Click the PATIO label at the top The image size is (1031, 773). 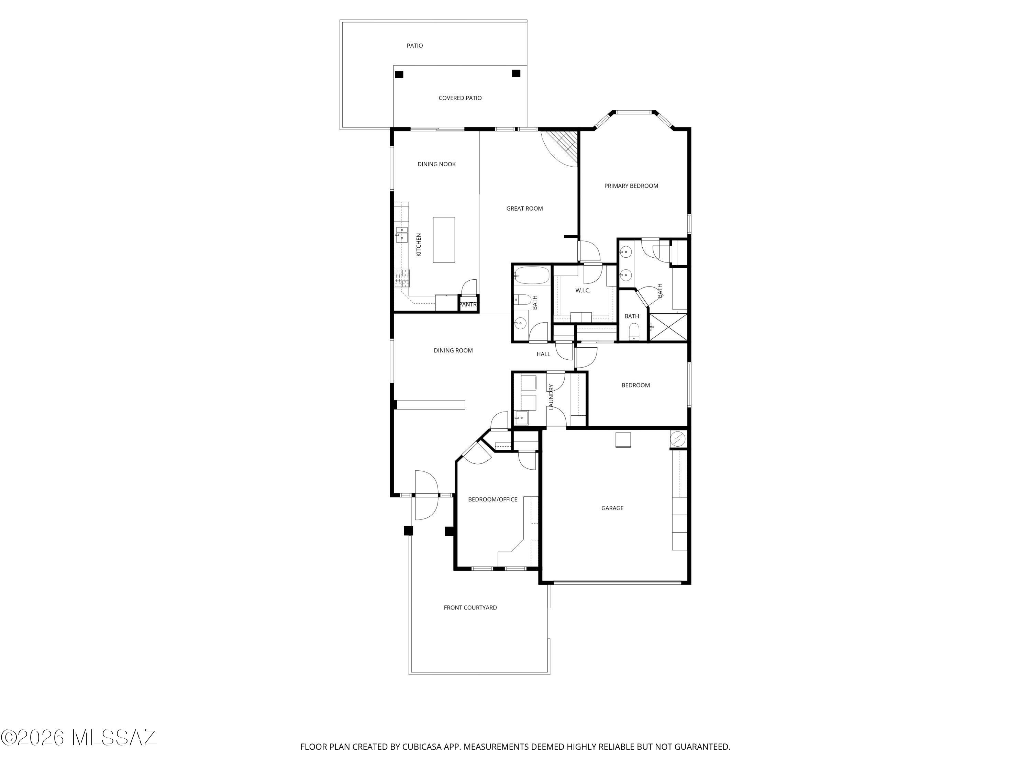click(x=415, y=46)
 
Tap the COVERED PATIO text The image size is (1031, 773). click(x=460, y=98)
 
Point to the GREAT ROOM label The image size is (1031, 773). click(x=524, y=208)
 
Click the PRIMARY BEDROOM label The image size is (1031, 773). click(x=631, y=186)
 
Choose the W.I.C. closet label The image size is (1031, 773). click(x=583, y=290)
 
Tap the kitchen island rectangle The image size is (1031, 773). click(x=444, y=240)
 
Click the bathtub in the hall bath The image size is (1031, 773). click(x=531, y=276)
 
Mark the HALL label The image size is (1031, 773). click(x=543, y=354)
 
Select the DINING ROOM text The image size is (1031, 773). click(x=453, y=350)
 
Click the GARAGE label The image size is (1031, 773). click(x=612, y=508)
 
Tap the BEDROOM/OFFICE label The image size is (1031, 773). click(x=493, y=499)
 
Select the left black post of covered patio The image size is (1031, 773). click(x=399, y=75)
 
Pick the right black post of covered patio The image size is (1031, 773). click(x=516, y=74)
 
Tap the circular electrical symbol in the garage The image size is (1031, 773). click(x=678, y=439)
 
